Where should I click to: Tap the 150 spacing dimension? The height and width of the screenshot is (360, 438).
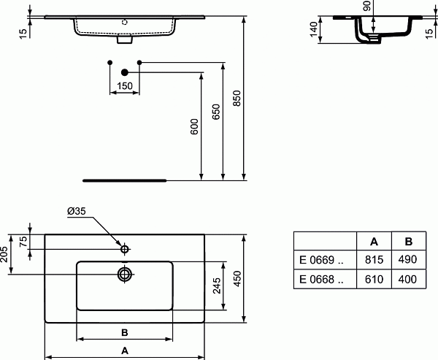point(124,86)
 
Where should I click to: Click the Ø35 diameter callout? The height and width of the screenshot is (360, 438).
point(77,211)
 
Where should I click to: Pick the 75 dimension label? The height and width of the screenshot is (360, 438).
point(23,243)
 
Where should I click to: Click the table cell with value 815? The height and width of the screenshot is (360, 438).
point(374,259)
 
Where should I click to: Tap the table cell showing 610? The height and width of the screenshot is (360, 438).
point(374,279)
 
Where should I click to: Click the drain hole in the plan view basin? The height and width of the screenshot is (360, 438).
point(125,275)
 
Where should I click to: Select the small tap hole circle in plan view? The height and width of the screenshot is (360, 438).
point(125,250)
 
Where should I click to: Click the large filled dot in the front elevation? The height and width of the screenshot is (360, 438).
point(124,72)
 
